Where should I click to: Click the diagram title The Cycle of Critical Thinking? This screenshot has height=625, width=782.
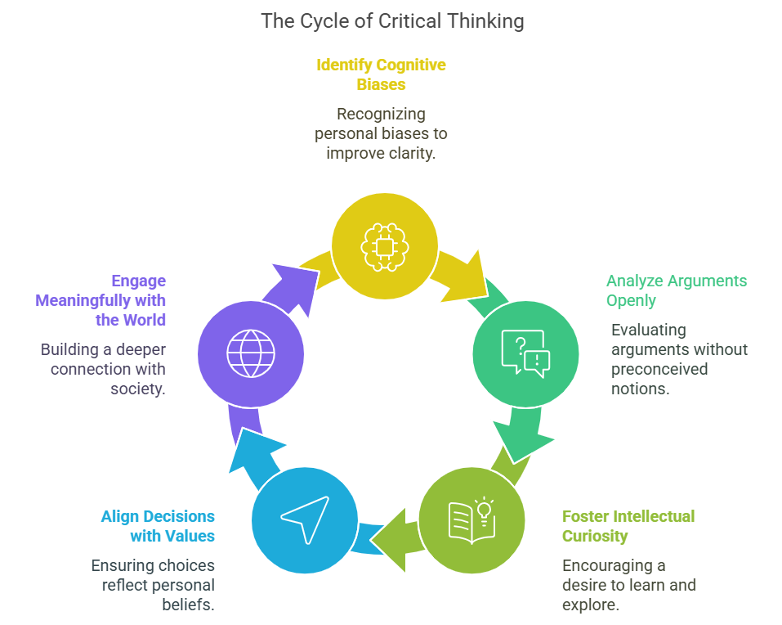(x=392, y=21)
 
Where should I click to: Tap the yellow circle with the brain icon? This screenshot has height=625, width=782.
(x=384, y=244)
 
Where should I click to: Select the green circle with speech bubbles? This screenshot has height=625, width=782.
(x=525, y=353)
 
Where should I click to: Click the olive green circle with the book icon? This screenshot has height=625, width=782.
(x=471, y=519)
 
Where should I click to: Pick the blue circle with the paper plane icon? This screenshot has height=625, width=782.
(x=304, y=519)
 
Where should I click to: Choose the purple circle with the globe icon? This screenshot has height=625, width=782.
(x=251, y=354)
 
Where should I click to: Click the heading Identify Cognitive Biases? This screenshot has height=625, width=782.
(x=381, y=74)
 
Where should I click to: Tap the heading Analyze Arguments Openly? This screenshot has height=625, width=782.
(x=676, y=290)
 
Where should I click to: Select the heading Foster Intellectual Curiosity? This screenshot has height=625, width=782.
(x=628, y=526)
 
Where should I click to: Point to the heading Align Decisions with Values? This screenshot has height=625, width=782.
(x=158, y=526)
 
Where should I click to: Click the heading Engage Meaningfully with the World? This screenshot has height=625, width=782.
(x=101, y=300)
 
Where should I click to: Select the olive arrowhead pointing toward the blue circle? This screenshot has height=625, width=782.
(x=388, y=539)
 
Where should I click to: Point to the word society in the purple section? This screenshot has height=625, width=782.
(x=137, y=389)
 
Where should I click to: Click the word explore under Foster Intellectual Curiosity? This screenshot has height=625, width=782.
(x=592, y=605)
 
